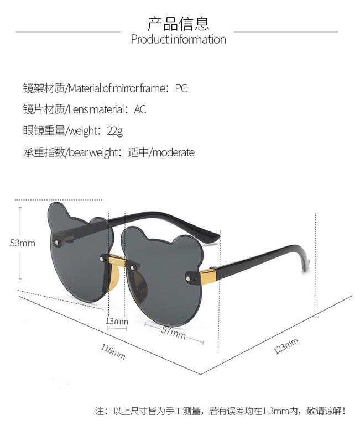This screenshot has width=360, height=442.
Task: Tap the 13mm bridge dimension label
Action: coord(117,321)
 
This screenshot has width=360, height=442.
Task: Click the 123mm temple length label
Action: coord(285,346)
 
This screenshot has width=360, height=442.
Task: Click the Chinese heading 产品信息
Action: coord(178,24)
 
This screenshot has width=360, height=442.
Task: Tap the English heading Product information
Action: coord(178,39)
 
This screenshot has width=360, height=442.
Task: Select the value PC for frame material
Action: coord(181,88)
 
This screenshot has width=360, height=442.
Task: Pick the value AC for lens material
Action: coord(140,109)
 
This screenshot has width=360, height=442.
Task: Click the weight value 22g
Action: coord(115,131)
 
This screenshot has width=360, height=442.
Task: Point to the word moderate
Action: coord(173,152)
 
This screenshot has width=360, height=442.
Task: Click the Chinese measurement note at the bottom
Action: coord(221,411)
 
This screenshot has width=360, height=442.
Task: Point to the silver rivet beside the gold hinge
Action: coord(191,275)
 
